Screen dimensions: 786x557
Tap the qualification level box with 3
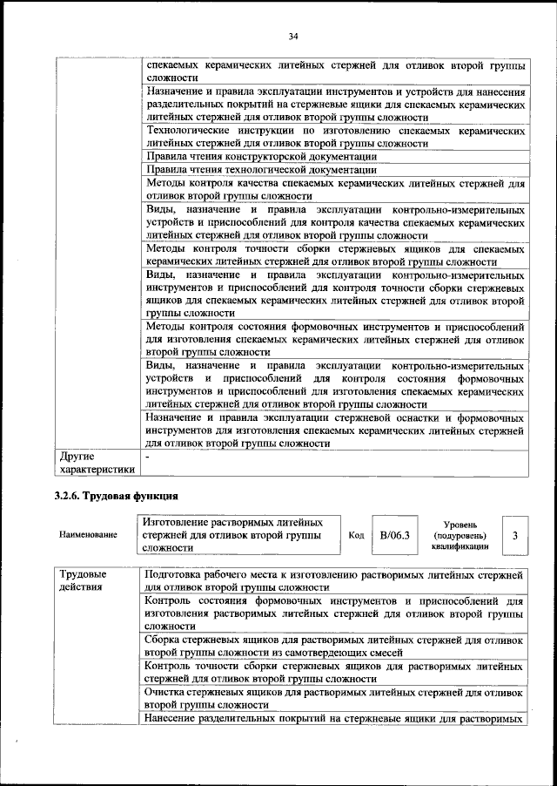pyautogui.click(x=515, y=534)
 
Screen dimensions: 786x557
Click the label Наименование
pyautogui.click(x=88, y=535)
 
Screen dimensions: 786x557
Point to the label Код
pyautogui.click(x=355, y=535)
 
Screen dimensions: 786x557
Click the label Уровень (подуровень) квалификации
pyautogui.click(x=459, y=535)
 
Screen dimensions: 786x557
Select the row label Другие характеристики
pyautogui.click(x=95, y=463)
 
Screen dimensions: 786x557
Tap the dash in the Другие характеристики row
pyautogui.click(x=149, y=456)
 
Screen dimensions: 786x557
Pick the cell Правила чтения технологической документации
pyautogui.click(x=261, y=170)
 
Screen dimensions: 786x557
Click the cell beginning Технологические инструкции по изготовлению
pyautogui.click(x=334, y=136)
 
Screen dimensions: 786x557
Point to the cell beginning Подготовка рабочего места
pyautogui.click(x=334, y=581)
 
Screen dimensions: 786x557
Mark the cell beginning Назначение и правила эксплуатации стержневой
pyautogui.click(x=334, y=430)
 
